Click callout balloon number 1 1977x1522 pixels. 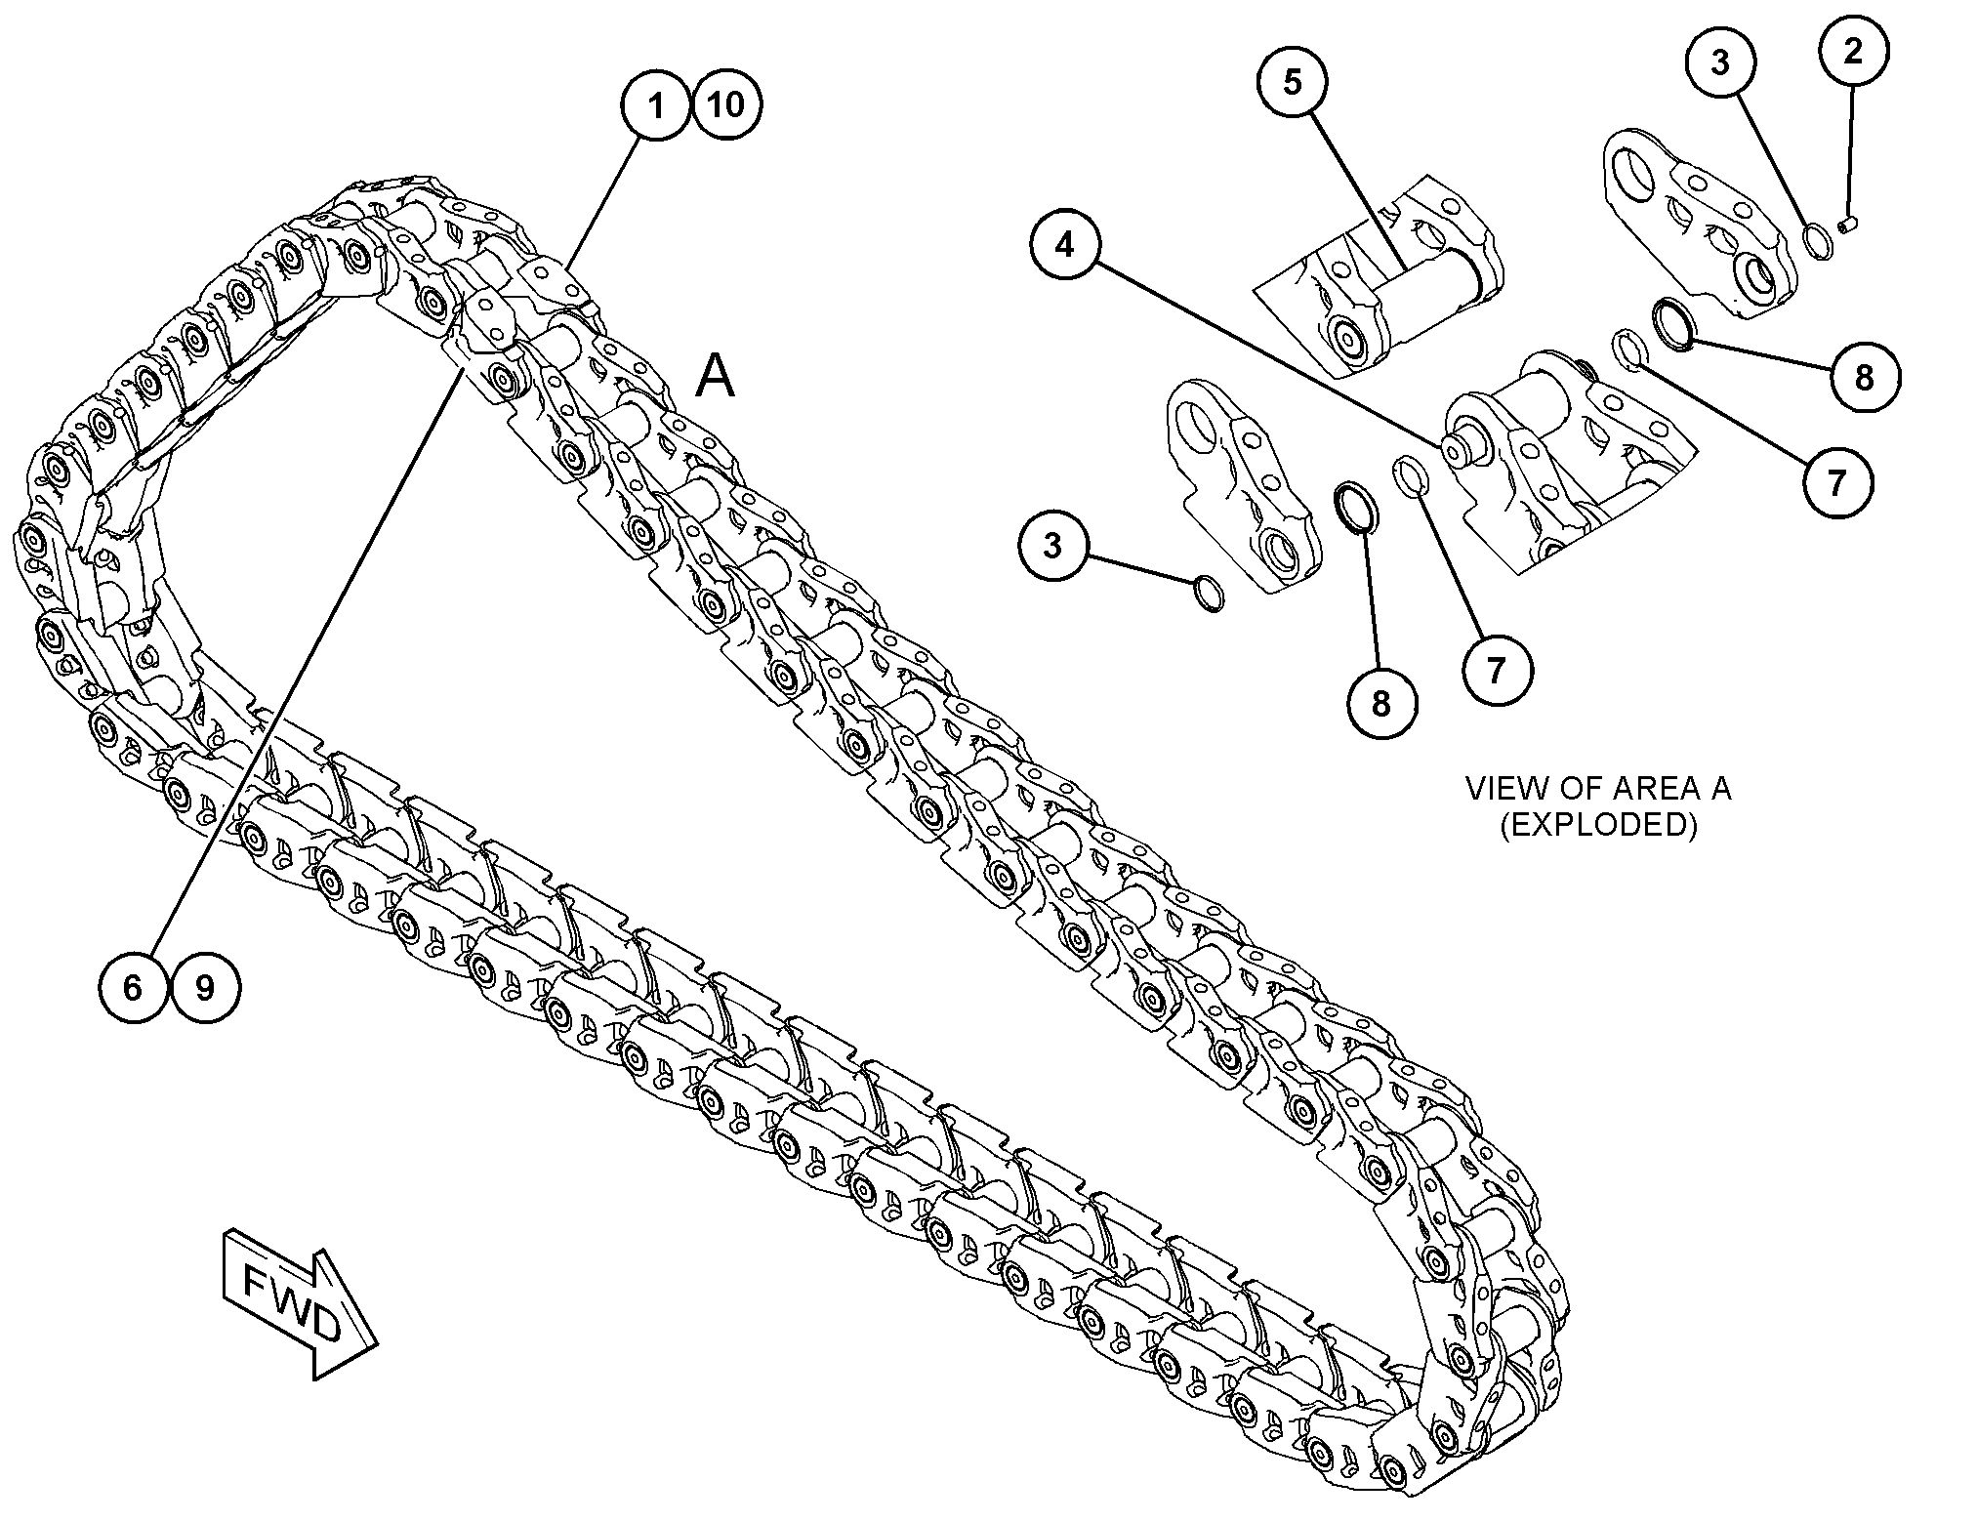pos(656,104)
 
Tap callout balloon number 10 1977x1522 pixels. pos(726,104)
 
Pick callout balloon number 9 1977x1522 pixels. pos(205,988)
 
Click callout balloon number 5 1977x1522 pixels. pos(1292,82)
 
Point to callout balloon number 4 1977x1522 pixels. pos(1065,244)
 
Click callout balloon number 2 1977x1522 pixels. pos(1852,51)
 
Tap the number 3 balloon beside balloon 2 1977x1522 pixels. pos(1720,62)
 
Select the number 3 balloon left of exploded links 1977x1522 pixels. pos(1051,545)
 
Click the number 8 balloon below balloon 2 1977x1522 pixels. pos(1864,377)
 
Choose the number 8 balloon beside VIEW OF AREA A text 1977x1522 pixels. pos(1380,703)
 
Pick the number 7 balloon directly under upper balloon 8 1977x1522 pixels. pos(1836,481)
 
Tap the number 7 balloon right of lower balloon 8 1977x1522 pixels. pos(1497,669)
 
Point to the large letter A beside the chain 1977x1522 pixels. pos(716,377)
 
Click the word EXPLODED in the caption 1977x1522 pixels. pos(1597,826)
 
